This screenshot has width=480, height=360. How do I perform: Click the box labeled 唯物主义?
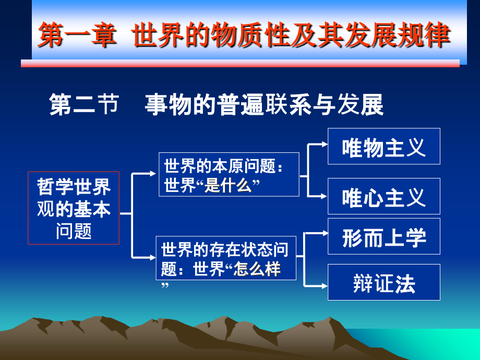(383, 147)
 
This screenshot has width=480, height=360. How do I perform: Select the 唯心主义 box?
(383, 196)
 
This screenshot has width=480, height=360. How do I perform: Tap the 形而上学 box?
(383, 237)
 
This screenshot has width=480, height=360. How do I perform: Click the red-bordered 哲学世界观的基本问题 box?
(74, 208)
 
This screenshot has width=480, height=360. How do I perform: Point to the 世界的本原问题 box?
(229, 174)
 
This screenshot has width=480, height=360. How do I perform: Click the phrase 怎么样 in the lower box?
(257, 269)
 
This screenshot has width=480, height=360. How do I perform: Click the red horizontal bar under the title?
(240, 64)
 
